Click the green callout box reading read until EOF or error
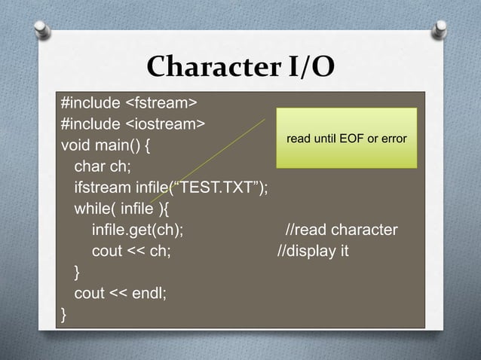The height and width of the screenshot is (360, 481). click(346, 139)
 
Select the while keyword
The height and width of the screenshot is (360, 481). click(92, 208)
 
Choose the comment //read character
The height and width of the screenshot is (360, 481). click(342, 229)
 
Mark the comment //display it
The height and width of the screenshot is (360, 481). click(313, 250)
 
